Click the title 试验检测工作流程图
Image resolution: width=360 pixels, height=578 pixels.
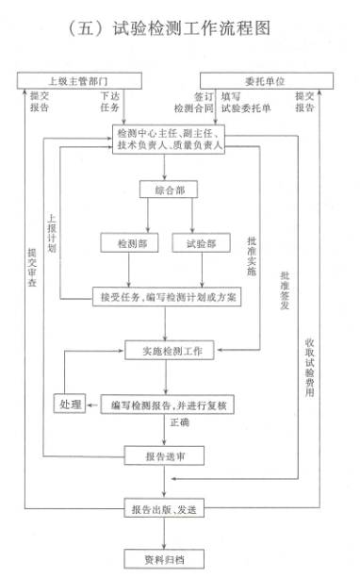[180, 28]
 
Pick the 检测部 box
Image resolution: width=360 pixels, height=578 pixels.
[129, 243]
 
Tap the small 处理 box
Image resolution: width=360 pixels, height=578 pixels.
[70, 405]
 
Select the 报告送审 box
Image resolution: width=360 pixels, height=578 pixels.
[166, 456]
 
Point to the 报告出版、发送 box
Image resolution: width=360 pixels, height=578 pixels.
[166, 510]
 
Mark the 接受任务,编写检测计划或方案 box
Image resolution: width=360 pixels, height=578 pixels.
[170, 297]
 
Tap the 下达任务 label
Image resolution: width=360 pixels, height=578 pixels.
[109, 103]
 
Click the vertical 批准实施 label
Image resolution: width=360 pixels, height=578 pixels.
[252, 255]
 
